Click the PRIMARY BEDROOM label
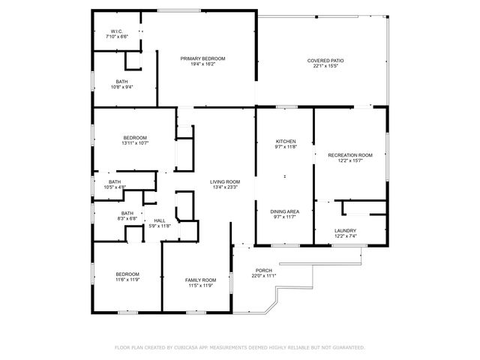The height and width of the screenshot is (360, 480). (x=202, y=58)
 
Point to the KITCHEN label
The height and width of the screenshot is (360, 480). (x=286, y=141)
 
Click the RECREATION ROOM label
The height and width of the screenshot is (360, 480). (x=350, y=154)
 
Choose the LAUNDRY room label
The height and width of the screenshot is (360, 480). (x=346, y=231)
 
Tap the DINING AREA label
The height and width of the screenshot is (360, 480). (x=285, y=211)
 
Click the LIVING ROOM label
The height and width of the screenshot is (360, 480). (x=224, y=181)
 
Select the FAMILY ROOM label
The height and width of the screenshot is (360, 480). (x=200, y=280)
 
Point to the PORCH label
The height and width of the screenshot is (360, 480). (x=264, y=271)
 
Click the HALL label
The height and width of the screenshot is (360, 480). (x=160, y=220)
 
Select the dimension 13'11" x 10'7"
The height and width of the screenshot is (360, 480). (x=135, y=142)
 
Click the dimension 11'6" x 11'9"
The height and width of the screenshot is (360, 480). (x=127, y=280)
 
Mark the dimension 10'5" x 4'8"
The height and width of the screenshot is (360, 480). (x=115, y=187)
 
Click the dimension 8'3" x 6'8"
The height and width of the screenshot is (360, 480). (x=127, y=219)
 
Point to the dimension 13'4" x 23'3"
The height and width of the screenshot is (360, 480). (x=224, y=187)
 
